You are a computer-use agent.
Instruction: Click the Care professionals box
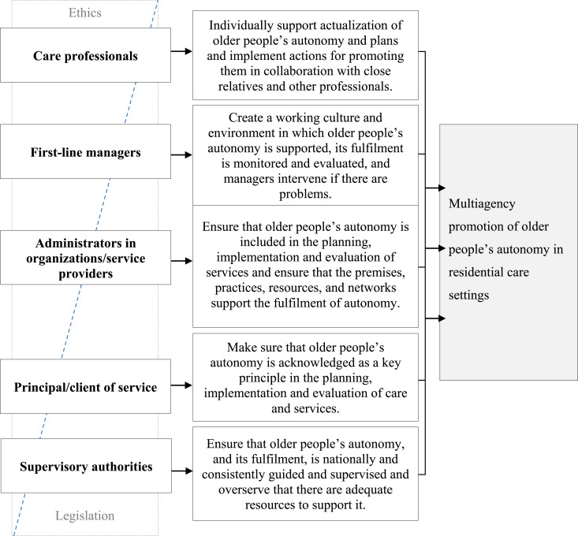pyautogui.click(x=85, y=55)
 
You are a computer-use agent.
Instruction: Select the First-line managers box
pyautogui.click(x=85, y=151)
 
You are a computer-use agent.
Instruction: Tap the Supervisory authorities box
pyautogui.click(x=86, y=466)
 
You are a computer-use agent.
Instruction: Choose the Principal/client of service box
pyautogui.click(x=85, y=386)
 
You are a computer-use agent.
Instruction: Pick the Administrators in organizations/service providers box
pyautogui.click(x=85, y=258)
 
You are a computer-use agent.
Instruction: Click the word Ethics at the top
pyautogui.click(x=85, y=13)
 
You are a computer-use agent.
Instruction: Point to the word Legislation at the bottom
pyautogui.click(x=85, y=516)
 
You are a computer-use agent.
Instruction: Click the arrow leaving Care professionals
pyautogui.click(x=181, y=51)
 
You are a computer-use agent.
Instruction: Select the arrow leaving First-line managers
pyautogui.click(x=181, y=155)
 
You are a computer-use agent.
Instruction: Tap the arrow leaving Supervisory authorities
pyautogui.click(x=181, y=471)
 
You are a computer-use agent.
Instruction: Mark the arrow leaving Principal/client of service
pyautogui.click(x=181, y=385)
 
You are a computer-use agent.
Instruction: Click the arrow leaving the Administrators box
pyautogui.click(x=181, y=261)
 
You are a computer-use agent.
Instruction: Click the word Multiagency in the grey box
pyautogui.click(x=482, y=204)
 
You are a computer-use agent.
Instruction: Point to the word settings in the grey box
pyautogui.click(x=468, y=296)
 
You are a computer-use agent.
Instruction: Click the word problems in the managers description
pyautogui.click(x=305, y=194)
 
